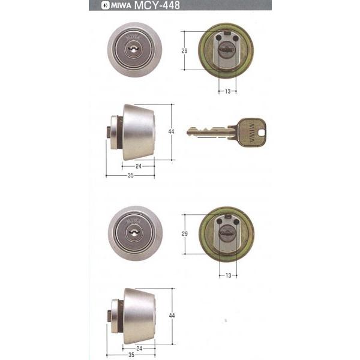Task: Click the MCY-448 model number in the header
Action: [157, 5]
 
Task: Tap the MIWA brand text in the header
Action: [121, 5]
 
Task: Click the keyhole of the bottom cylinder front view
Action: [133, 232]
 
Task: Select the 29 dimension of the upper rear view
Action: [184, 51]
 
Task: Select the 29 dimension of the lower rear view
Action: [185, 234]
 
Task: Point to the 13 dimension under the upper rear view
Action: [227, 91]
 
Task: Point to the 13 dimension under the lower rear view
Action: [228, 275]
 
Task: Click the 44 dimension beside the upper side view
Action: [171, 131]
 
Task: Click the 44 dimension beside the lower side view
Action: [172, 316]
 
